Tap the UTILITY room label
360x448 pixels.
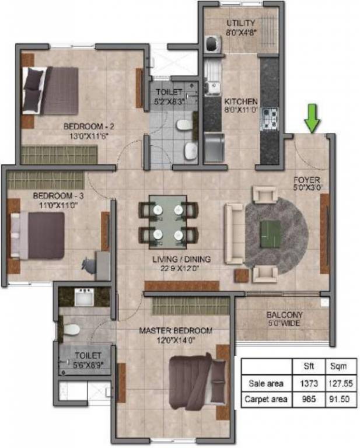click(240, 23)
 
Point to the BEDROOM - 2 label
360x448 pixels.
click(85, 125)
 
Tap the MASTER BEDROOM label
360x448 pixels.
click(176, 331)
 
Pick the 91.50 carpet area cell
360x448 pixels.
click(338, 400)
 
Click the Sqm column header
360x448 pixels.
click(338, 367)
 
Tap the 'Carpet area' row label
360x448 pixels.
click(266, 400)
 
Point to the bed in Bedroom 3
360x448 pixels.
click(42, 235)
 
